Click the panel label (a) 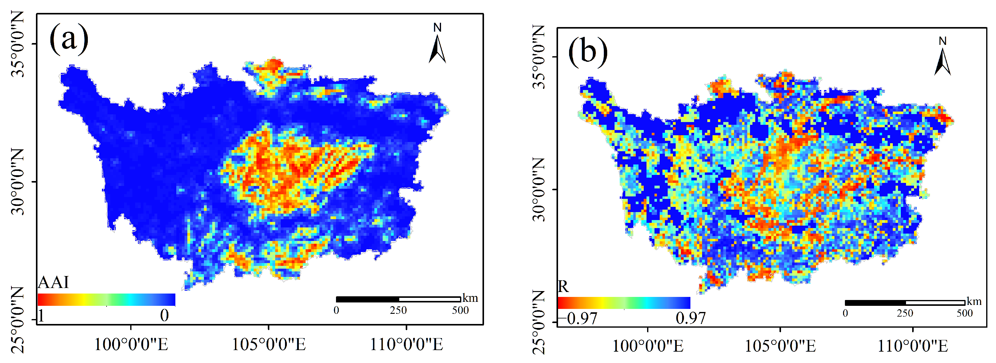[x=69, y=39]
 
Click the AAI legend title [x=53, y=282]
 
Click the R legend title [x=563, y=287]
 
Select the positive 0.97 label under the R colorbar [x=690, y=318]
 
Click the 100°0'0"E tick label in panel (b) [x=648, y=345]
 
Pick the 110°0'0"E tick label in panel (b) [x=913, y=345]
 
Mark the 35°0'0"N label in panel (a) [x=18, y=44]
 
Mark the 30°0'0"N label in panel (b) [x=539, y=189]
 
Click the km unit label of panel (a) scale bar [x=470, y=298]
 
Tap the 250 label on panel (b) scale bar [x=905, y=313]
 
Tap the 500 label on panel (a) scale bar [x=460, y=310]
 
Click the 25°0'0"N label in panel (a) [x=18, y=320]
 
